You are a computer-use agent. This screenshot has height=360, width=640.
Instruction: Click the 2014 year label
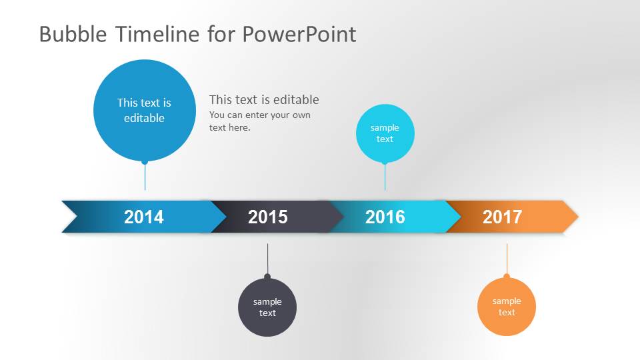[144, 217]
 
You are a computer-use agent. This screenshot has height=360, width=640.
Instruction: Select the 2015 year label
[268, 217]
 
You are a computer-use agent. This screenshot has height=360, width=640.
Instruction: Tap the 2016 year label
[385, 217]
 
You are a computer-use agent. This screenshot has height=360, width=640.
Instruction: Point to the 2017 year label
[502, 217]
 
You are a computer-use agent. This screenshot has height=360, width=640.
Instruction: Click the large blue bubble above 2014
[145, 110]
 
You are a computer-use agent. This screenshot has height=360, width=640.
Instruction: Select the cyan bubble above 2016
[385, 133]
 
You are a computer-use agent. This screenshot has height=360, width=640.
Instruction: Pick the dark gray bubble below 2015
[267, 307]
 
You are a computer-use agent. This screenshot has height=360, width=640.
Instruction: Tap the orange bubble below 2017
[507, 307]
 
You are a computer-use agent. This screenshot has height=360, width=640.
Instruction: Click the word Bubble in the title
[73, 34]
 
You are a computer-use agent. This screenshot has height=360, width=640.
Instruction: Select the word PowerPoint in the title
[299, 34]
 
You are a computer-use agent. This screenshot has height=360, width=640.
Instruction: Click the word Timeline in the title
[157, 34]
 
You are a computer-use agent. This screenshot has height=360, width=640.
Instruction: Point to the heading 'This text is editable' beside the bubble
[264, 99]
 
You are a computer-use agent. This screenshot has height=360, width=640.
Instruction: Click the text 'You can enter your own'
[260, 115]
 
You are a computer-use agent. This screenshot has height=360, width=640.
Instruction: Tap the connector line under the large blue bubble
[145, 177]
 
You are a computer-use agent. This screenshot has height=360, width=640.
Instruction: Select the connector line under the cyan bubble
[385, 177]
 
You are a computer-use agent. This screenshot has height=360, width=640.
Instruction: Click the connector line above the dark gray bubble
[267, 259]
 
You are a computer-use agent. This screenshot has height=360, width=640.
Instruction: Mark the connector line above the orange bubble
[507, 259]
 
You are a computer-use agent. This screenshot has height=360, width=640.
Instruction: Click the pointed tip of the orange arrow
[579, 217]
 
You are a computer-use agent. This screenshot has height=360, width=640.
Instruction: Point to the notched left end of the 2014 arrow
[77, 217]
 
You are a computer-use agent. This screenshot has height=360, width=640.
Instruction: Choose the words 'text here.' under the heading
[230, 128]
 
